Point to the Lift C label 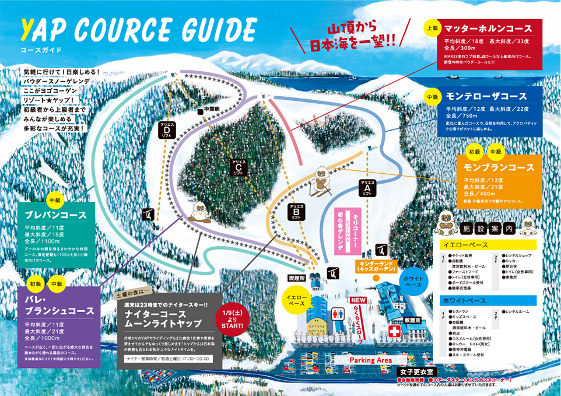coord(240,167)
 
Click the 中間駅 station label coord(208,109)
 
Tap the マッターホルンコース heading coord(487,29)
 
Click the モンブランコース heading coord(499,167)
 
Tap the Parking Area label coord(370,360)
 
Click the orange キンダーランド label coord(377,267)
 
